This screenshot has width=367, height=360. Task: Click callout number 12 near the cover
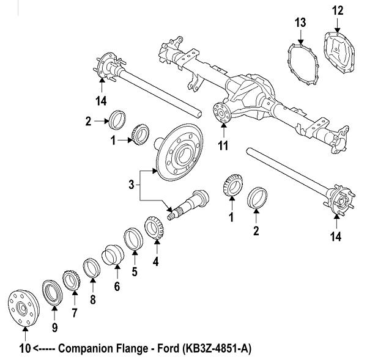[338, 10]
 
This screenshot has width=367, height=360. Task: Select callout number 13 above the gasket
[299, 23]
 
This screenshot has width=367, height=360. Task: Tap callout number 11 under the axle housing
[223, 145]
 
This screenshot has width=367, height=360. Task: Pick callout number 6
[116, 285]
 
